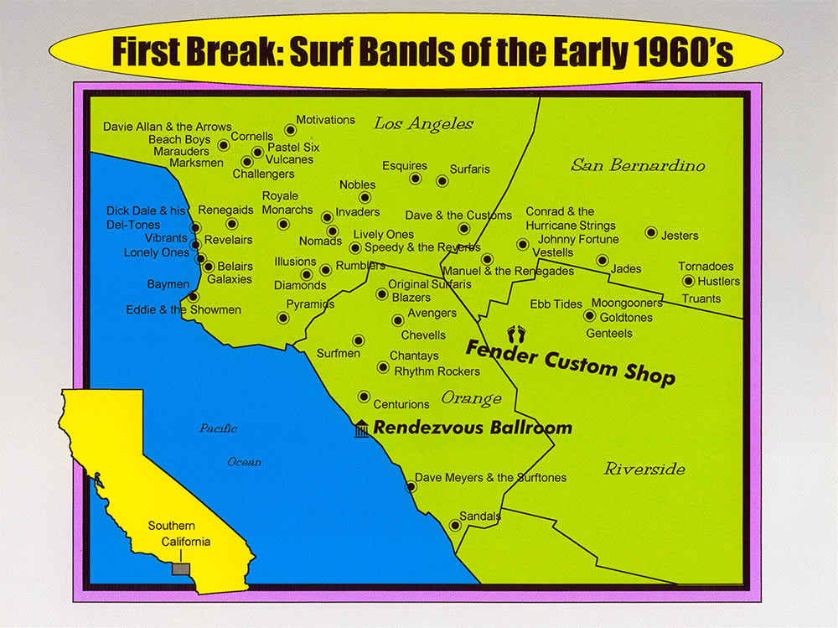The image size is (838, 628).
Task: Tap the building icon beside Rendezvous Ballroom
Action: click(361, 428)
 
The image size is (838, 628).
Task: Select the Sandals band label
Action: click(480, 516)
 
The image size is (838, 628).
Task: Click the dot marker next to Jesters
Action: click(650, 232)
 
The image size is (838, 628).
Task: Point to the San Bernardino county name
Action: click(638, 165)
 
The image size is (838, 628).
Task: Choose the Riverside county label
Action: click(644, 469)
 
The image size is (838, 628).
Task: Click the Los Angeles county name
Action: click(423, 124)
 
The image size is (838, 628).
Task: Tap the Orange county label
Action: click(471, 398)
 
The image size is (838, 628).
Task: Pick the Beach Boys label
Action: click(179, 139)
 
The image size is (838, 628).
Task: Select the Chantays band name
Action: click(414, 356)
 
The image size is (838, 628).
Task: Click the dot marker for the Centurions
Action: click(364, 397)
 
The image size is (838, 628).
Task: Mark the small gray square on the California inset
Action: click(180, 569)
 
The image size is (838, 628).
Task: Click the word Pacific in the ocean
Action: click(218, 428)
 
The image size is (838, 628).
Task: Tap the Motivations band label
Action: click(325, 120)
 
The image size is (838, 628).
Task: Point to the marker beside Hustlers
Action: click(688, 282)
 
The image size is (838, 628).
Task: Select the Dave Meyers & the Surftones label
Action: click(490, 478)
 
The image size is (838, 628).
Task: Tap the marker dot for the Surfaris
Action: click(442, 181)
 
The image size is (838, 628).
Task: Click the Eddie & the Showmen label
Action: click(184, 310)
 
